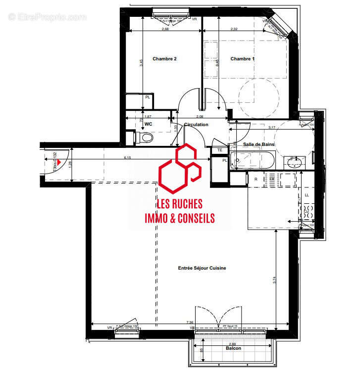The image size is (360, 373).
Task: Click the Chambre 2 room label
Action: [x=164, y=59]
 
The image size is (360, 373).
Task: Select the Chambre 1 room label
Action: [x=242, y=59]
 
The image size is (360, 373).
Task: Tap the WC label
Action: [x=148, y=125]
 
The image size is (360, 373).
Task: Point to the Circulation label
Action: [x=196, y=125]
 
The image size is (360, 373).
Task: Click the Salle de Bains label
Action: [x=258, y=144]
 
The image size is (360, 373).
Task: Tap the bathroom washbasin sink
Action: [x=296, y=161]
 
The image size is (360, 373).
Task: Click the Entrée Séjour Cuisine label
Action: [x=202, y=268]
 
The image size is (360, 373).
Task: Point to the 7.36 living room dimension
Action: [x=190, y=323]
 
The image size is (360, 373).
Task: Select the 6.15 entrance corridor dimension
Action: [x=127, y=157]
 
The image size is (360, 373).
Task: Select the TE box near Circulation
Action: [x=218, y=150]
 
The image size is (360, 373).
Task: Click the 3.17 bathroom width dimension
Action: [x=272, y=128]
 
